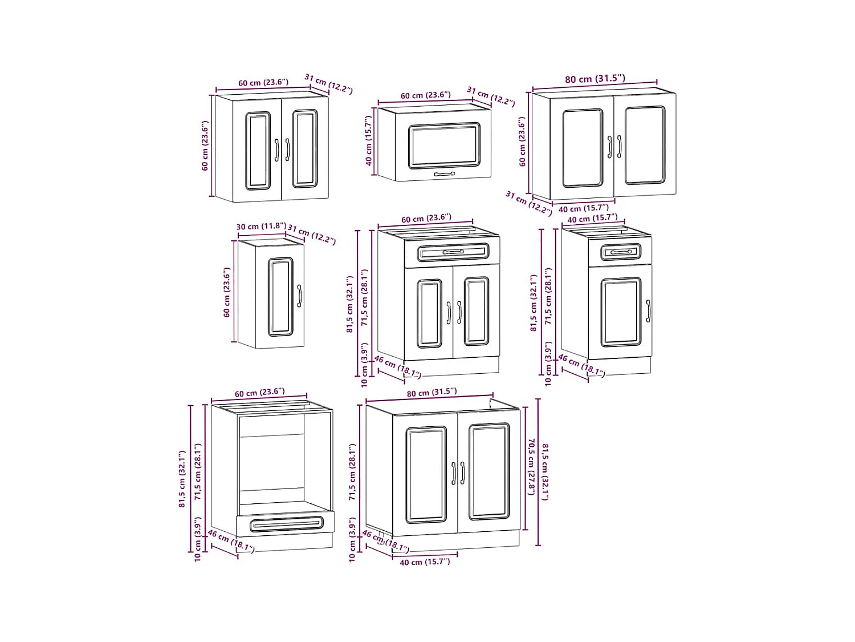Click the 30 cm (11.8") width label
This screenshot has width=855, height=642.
point(261,227)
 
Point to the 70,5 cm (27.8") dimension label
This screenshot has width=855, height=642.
point(531,467)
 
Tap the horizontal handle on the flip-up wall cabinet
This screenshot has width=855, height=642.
point(444,173)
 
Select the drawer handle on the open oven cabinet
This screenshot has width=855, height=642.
point(286,523)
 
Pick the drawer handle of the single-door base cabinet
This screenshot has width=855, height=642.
point(620,252)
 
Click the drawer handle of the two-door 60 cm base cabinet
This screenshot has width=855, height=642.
point(453,252)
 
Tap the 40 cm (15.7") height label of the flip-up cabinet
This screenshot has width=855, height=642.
point(369,140)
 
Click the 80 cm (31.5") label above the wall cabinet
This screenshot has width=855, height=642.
point(595,79)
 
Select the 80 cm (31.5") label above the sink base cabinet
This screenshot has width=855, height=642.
point(431,392)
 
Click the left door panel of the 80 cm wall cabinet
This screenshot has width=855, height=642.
point(583,148)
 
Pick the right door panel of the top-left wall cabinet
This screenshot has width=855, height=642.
point(304,149)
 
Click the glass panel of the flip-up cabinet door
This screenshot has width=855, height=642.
point(444,146)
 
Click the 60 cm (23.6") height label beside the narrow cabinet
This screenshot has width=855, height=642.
point(227,292)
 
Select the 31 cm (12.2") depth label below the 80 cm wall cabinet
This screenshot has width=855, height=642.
point(528,203)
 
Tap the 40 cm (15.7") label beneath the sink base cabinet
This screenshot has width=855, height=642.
point(425,562)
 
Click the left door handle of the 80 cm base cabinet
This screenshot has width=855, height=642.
point(454,473)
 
